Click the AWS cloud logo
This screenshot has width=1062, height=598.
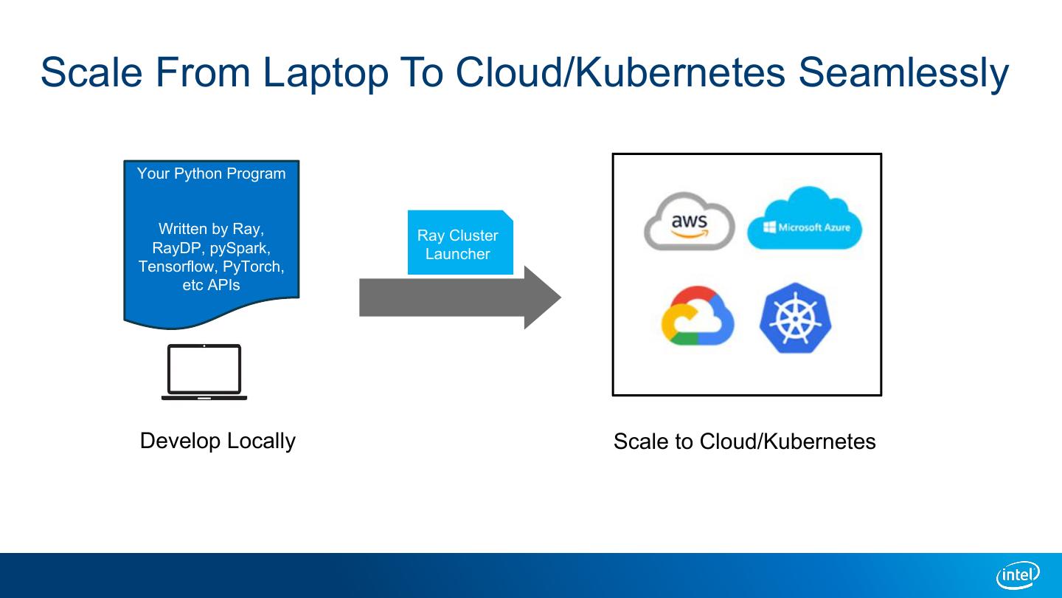point(689,221)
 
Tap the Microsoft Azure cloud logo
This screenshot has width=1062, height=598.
point(804,219)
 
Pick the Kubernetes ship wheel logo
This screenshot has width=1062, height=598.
point(795,317)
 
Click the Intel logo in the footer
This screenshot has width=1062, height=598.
point(1018,574)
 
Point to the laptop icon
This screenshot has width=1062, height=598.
point(204,372)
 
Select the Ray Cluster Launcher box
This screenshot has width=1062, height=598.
point(459,244)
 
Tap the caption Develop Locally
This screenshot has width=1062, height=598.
point(218,441)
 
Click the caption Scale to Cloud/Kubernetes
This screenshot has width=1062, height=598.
point(744,441)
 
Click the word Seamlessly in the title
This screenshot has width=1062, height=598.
point(903,72)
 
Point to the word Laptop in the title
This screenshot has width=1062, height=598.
point(324,72)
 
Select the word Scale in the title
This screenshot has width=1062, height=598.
point(92,72)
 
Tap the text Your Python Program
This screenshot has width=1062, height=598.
point(211,173)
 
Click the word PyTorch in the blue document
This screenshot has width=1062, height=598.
point(253,267)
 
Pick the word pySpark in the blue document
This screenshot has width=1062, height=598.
point(240,248)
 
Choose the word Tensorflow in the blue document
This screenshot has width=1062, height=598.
point(178,267)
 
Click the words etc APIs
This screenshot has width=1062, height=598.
point(211,285)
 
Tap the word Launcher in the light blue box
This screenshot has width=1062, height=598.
point(457,254)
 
